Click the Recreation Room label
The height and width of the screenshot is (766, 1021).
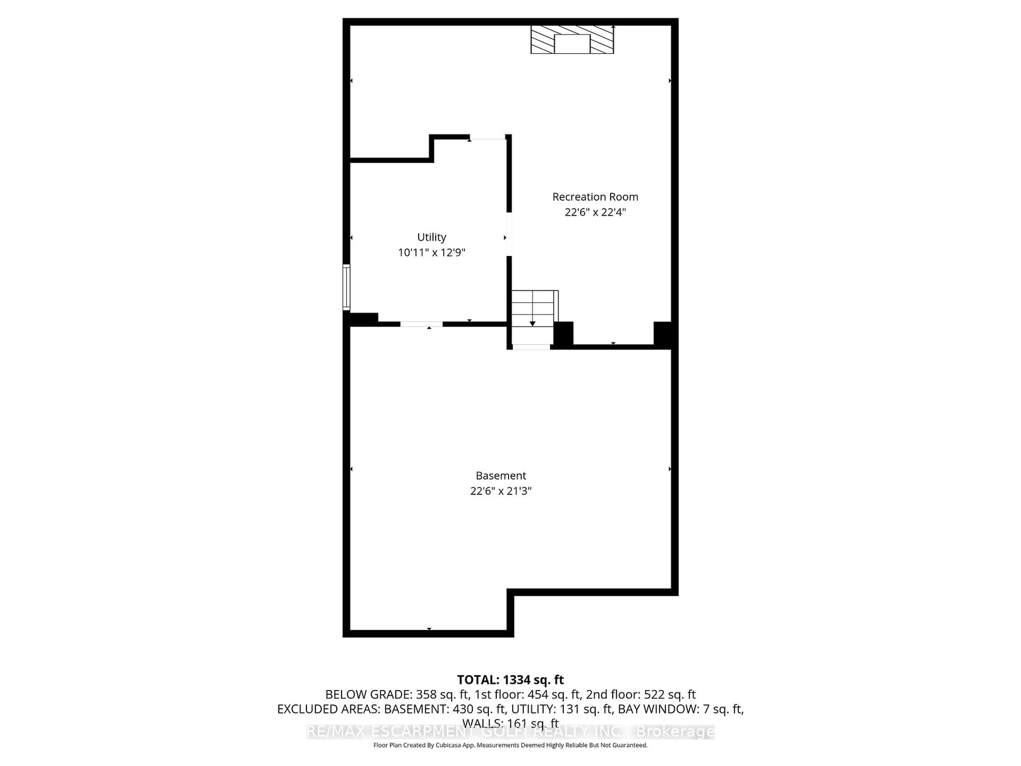coord(595,197)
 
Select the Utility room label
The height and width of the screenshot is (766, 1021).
coord(432,237)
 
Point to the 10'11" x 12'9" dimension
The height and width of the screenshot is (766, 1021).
coord(432,253)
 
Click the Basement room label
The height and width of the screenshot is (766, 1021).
coord(501,476)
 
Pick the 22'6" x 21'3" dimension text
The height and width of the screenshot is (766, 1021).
coord(501,491)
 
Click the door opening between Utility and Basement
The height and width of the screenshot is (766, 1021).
coord(421,324)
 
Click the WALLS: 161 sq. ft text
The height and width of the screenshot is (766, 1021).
coord(510,723)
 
